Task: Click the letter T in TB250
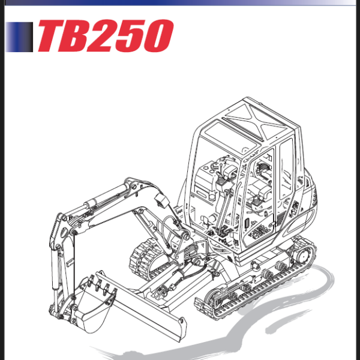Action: click(x=53, y=36)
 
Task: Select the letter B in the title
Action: click(x=81, y=36)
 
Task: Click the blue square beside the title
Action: click(x=19, y=36)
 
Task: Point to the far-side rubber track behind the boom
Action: click(x=144, y=258)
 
